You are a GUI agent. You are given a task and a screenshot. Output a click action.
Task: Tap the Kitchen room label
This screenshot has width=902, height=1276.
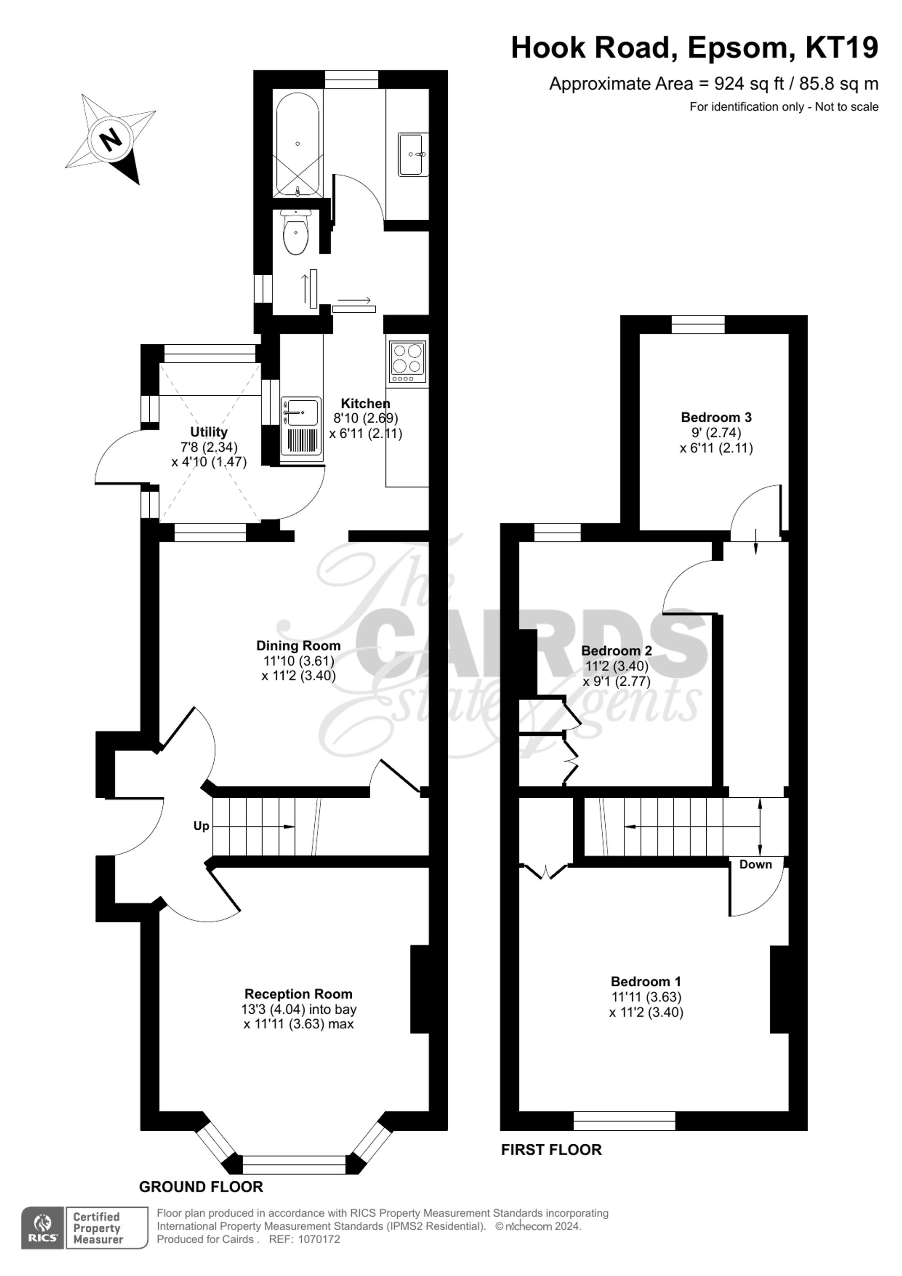coord(365,403)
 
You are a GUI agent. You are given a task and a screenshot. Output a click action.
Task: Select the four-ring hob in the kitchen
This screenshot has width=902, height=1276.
coord(408,362)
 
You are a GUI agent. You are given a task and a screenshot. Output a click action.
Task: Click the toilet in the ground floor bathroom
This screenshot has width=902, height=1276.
coord(296,232)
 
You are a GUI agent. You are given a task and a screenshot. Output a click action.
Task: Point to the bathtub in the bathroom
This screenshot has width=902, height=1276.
coord(298,144)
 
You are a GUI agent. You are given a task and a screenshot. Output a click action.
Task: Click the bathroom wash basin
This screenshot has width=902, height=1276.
coord(413,154)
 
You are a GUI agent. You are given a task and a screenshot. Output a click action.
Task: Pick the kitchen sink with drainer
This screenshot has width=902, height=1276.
coord(301,425)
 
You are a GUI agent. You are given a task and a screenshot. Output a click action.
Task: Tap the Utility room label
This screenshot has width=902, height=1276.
coord(209,432)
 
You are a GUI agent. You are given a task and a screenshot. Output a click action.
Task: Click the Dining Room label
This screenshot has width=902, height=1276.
coord(298,646)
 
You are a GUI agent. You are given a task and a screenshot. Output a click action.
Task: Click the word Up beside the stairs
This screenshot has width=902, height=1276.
coord(201,827)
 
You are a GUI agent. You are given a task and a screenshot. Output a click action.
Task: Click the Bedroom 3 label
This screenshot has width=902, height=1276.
coord(717,417)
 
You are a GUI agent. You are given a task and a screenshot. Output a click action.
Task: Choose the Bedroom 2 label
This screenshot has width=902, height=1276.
coord(617,650)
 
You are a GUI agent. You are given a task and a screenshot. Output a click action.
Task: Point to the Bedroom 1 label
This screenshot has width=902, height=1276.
coord(646,981)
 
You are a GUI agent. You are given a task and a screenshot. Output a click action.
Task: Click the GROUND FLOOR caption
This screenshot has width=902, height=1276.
coord(201,1187)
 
